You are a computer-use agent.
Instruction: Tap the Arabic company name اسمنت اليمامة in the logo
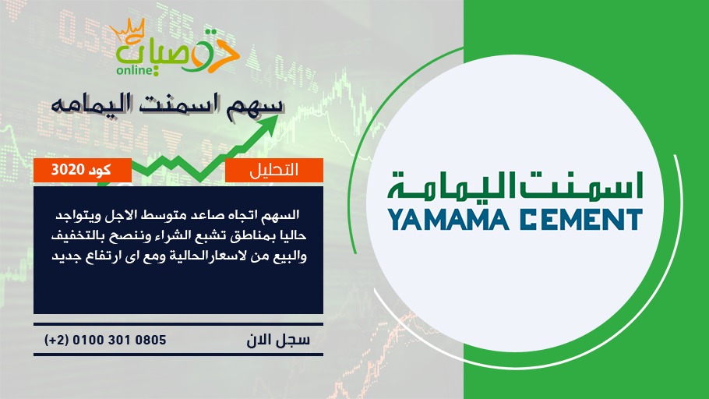click(x=516, y=186)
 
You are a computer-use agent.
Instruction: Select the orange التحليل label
click(x=274, y=170)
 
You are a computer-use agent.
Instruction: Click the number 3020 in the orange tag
click(x=68, y=170)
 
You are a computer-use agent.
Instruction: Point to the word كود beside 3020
click(x=100, y=170)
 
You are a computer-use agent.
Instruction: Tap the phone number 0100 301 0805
click(x=119, y=340)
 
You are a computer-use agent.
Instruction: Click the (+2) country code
click(x=57, y=340)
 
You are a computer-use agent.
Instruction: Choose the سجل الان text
click(x=278, y=340)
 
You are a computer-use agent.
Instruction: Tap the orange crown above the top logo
click(x=128, y=30)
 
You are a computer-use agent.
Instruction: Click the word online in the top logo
click(x=134, y=70)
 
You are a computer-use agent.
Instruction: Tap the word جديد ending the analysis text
click(x=66, y=256)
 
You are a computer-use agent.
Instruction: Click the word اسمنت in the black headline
click(x=179, y=104)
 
